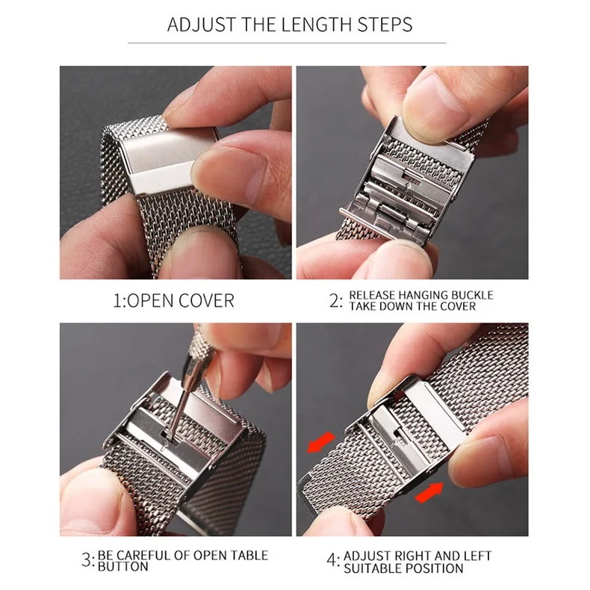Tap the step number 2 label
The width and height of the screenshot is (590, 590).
335,301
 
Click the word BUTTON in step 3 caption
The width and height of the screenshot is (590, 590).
123,568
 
